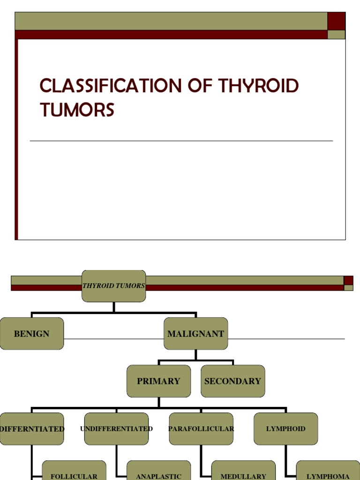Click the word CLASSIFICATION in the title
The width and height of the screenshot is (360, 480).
111,86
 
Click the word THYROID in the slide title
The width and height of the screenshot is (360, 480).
258,86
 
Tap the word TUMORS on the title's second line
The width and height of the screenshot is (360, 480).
77,110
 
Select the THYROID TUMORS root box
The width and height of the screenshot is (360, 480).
113,285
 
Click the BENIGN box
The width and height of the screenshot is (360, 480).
31,334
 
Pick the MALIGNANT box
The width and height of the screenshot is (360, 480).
195,334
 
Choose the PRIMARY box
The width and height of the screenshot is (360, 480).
158,381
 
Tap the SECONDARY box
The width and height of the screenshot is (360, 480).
232,381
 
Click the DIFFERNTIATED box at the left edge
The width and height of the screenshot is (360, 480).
31,428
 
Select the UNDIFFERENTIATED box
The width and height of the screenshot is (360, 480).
116,428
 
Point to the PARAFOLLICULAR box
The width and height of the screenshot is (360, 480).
201,428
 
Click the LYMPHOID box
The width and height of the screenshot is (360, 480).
286,428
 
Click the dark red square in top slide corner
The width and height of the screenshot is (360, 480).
336,21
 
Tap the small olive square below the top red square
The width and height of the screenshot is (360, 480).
336,35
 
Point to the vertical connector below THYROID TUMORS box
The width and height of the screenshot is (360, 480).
114,307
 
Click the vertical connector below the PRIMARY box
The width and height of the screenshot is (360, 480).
159,402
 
